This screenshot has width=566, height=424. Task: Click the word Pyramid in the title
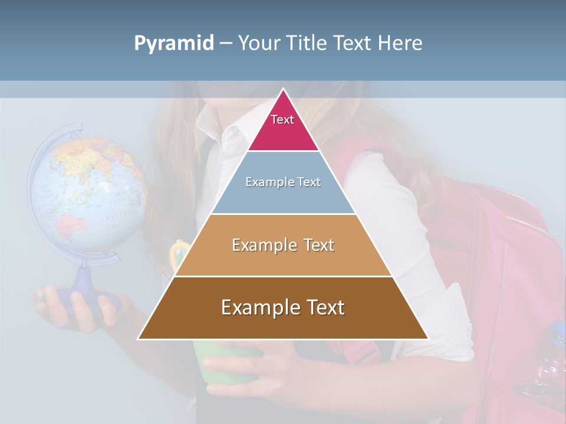[x=173, y=44]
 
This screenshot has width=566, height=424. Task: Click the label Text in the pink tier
[x=282, y=120]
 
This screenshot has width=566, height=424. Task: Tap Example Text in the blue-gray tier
[x=283, y=182]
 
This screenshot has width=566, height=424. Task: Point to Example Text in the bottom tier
[x=283, y=307]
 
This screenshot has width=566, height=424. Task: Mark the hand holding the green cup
[x=259, y=368]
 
